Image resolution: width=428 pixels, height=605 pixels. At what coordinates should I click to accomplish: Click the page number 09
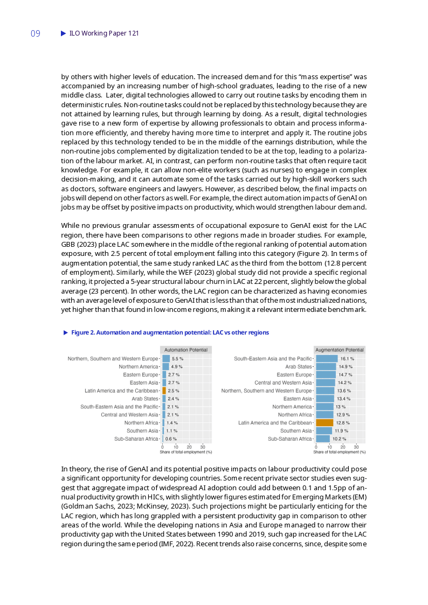[36, 33]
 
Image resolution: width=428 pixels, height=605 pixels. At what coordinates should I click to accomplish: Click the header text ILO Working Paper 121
[104, 33]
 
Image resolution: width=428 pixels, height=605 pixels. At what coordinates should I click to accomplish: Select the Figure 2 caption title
[170, 332]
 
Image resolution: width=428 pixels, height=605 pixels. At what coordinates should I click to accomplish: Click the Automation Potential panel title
[186, 350]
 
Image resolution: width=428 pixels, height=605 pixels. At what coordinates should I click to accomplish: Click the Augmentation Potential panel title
[340, 350]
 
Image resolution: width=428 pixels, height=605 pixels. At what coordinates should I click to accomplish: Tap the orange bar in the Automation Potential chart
[164, 391]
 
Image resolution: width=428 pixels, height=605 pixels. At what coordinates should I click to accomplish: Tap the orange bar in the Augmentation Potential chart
[325, 423]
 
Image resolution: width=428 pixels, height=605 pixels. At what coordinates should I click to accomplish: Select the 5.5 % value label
[177, 358]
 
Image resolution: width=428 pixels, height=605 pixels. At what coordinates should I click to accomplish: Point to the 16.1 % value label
[347, 358]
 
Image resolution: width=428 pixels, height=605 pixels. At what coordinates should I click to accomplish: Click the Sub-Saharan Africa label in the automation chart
[136, 439]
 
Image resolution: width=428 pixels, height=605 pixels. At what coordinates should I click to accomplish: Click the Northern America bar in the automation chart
[165, 366]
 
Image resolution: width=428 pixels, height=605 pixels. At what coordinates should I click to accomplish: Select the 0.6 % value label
[171, 439]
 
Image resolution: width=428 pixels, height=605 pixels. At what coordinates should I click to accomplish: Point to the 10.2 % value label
[339, 439]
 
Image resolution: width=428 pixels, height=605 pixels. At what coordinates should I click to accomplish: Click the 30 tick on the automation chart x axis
[203, 447]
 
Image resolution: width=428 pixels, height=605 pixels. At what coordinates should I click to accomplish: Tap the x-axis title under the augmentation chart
[340, 452]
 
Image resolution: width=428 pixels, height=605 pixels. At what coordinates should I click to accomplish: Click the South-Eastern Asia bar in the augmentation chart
[327, 358]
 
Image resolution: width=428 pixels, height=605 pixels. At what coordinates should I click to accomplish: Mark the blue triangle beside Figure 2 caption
[66, 332]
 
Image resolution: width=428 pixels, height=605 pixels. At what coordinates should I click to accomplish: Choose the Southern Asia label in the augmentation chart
[296, 431]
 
